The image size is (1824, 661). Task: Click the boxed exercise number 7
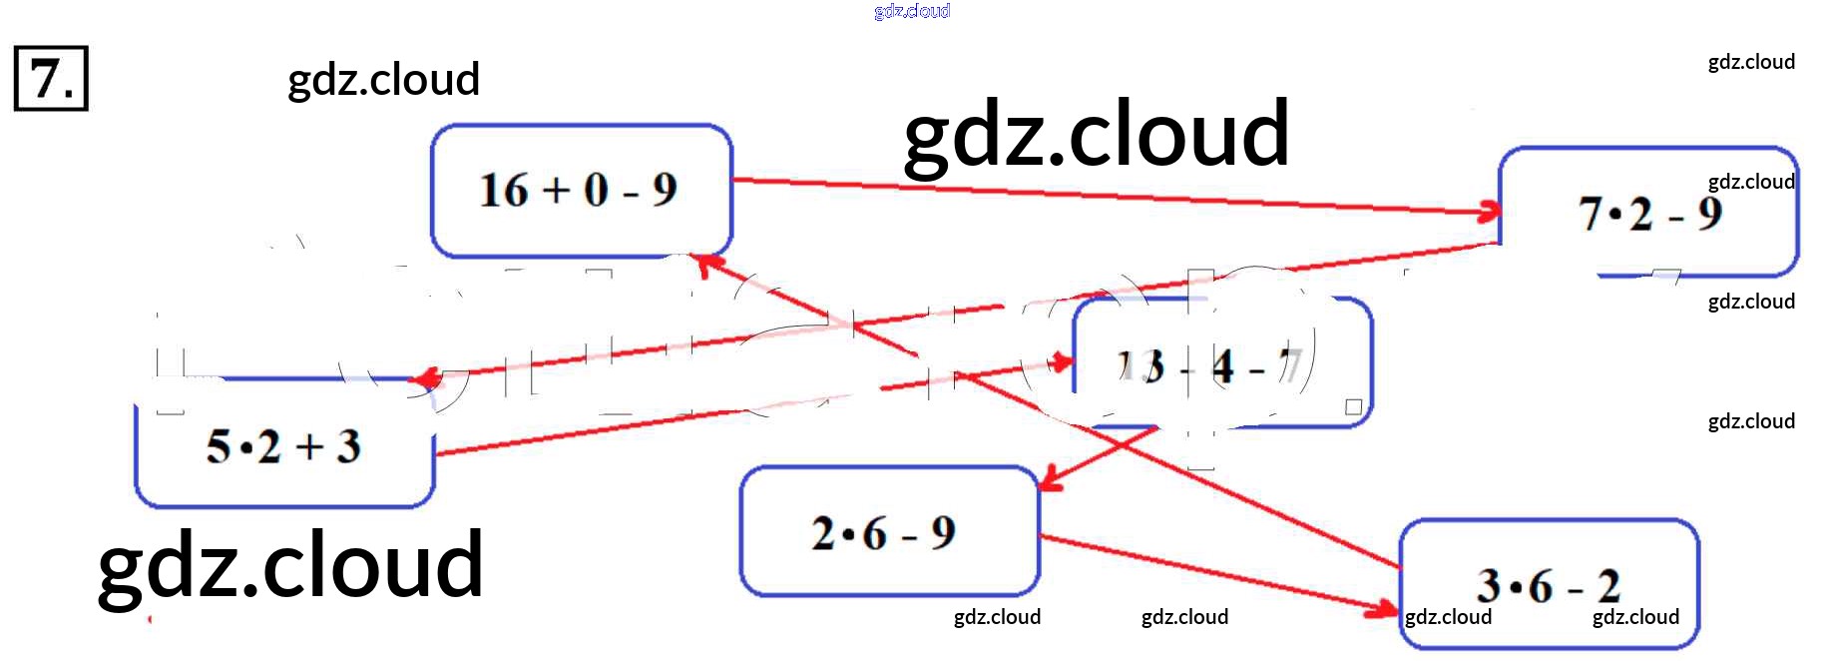(50, 78)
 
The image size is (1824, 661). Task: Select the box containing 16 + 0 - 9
(581, 190)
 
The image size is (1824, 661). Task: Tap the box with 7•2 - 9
(1648, 213)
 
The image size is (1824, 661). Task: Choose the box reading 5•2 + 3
(284, 445)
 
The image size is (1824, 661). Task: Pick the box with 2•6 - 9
(888, 532)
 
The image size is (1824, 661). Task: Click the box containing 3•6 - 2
(1549, 584)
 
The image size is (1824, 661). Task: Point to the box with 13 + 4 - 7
(1222, 365)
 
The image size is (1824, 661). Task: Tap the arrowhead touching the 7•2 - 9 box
(1490, 211)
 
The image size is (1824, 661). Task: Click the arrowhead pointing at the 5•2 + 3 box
(426, 377)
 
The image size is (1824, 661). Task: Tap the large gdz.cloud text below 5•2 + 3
(290, 565)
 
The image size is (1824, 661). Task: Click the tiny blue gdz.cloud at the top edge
(911, 11)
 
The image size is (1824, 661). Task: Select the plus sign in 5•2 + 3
(309, 446)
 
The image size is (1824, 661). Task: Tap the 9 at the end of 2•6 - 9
(943, 533)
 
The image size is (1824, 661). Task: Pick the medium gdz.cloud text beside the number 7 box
(383, 80)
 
